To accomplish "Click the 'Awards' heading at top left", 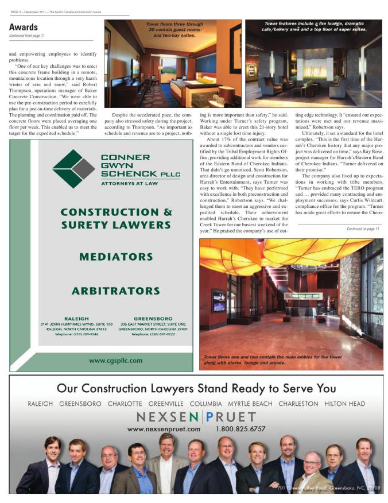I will (24, 27).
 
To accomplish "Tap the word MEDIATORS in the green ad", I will (116, 256).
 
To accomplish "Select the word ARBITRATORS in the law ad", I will (115, 291).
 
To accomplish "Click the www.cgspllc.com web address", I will (115, 361).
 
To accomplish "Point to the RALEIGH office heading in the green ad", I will (76, 318).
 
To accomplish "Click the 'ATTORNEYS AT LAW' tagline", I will (129, 184).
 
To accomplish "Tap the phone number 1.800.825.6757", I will (240, 428).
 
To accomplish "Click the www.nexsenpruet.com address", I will (164, 428).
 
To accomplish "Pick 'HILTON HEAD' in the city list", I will (344, 404).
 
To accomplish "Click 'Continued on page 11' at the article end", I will (363, 229).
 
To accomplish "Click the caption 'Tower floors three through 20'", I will (174, 29).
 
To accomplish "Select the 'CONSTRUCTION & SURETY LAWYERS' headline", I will (115, 218).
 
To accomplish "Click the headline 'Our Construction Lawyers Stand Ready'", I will (196, 389).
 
